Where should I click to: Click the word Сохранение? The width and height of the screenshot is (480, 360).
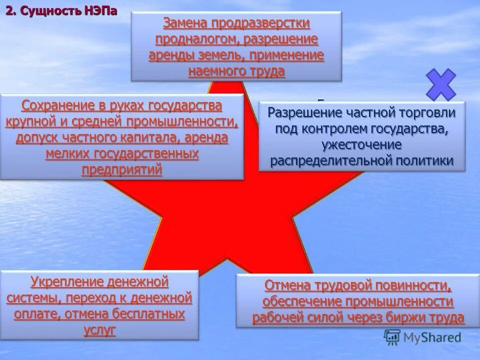click(x=58, y=105)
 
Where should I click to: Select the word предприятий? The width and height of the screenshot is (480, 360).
click(x=122, y=169)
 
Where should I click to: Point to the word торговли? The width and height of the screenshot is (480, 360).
click(x=428, y=112)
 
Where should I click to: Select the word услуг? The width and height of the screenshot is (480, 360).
click(x=99, y=330)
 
